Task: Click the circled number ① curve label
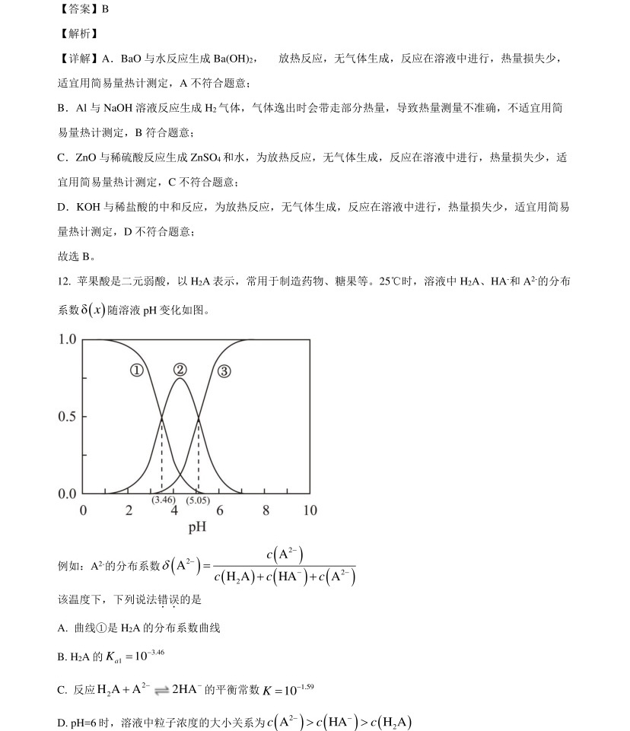click(136, 370)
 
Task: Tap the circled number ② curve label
click(180, 370)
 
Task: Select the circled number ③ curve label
click(224, 371)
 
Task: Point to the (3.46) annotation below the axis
click(161, 500)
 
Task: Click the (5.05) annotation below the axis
click(198, 500)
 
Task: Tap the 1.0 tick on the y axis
click(68, 339)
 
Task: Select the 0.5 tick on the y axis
click(68, 417)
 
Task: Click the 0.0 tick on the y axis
click(68, 494)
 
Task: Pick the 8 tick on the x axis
click(266, 510)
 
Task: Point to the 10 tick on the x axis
click(310, 510)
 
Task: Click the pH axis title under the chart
click(197, 526)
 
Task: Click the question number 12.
click(64, 281)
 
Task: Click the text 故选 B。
click(76, 256)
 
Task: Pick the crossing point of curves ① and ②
click(161, 417)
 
